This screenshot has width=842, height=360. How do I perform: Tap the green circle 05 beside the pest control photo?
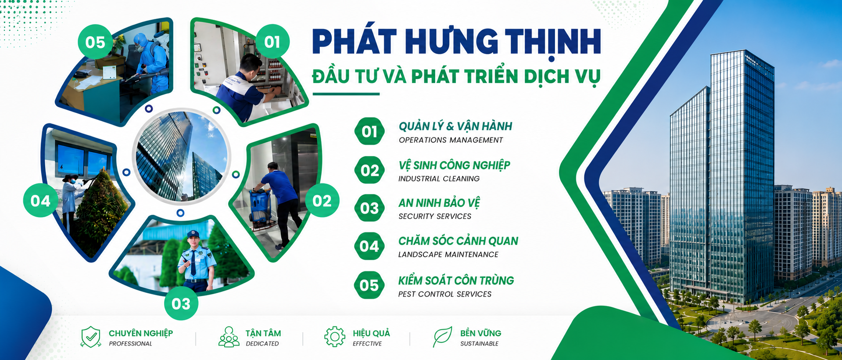tap(95, 42)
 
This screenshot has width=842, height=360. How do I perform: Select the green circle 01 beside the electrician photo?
tap(272, 42)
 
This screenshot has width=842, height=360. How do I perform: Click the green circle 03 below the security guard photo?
tap(181, 303)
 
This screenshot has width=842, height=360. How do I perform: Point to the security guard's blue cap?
tap(193, 234)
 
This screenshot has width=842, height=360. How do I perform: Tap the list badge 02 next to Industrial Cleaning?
tap(369, 170)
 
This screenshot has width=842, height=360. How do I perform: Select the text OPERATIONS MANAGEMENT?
tap(451, 140)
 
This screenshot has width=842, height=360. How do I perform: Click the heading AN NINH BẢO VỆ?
tap(439, 202)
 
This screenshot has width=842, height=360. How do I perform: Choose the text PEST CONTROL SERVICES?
tap(444, 294)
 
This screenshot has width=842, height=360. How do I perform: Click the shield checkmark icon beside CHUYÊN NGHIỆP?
tap(91, 337)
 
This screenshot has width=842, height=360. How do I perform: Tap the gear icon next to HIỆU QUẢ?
tap(335, 337)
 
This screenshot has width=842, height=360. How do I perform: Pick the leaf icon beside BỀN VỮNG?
tap(442, 337)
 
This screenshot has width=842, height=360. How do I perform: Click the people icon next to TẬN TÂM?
tap(229, 337)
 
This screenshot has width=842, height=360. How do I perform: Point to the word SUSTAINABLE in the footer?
tap(479, 344)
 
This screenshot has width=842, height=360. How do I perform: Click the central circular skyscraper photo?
tap(181, 157)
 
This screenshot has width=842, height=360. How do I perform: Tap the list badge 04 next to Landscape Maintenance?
tap(369, 246)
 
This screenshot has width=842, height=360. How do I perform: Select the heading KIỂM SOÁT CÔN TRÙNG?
tap(456, 280)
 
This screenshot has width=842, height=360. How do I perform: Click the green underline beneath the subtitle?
tap(346, 94)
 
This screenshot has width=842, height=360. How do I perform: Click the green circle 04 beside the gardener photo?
tap(40, 201)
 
